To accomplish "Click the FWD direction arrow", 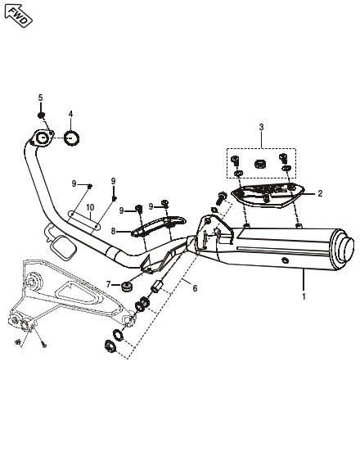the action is (18, 16).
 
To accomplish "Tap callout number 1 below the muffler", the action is (304, 296).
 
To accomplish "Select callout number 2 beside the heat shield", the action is (320, 193).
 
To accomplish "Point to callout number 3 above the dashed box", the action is (261, 127).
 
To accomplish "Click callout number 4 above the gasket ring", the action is (70, 114).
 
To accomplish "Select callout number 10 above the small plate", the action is (90, 207).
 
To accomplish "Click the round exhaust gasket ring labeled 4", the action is (71, 138).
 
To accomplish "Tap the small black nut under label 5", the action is (41, 115).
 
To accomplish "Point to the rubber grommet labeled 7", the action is (127, 287).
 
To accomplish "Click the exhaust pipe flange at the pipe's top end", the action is (42, 138).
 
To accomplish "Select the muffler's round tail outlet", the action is (344, 248).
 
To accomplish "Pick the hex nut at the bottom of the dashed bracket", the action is (110, 346).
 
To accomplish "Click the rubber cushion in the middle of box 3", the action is (260, 164).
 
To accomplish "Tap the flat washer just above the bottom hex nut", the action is (118, 334).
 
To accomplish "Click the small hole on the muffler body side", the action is (285, 260).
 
